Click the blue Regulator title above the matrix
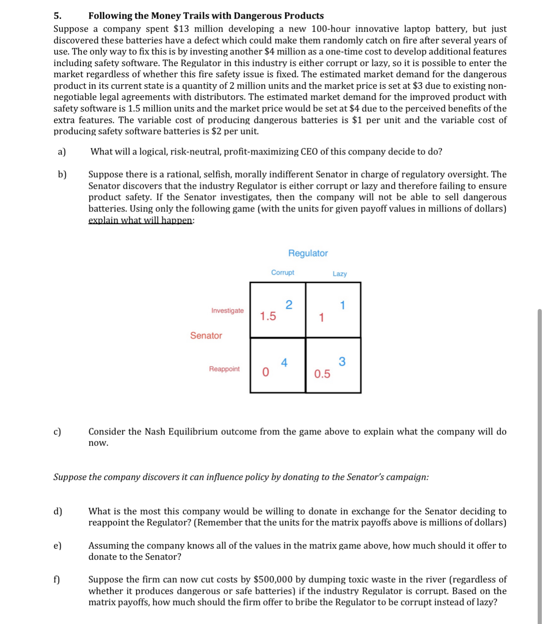coord(308,253)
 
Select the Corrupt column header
coord(282,272)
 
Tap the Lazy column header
coord(339,274)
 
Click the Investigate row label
coord(227,310)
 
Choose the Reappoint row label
coord(224,369)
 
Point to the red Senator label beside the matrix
coord(206,335)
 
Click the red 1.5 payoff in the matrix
coord(268,316)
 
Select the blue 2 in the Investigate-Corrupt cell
coord(289,304)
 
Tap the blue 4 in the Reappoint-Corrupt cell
coord(284,363)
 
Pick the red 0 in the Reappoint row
coord(265,372)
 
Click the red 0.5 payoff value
coord(322,374)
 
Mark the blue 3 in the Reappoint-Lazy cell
coord(342,362)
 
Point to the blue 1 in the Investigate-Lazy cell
coord(343,305)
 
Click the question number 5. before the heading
coord(58,16)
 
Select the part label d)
coord(58,511)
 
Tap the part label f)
coord(56,580)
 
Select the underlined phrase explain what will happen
coord(140,220)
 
